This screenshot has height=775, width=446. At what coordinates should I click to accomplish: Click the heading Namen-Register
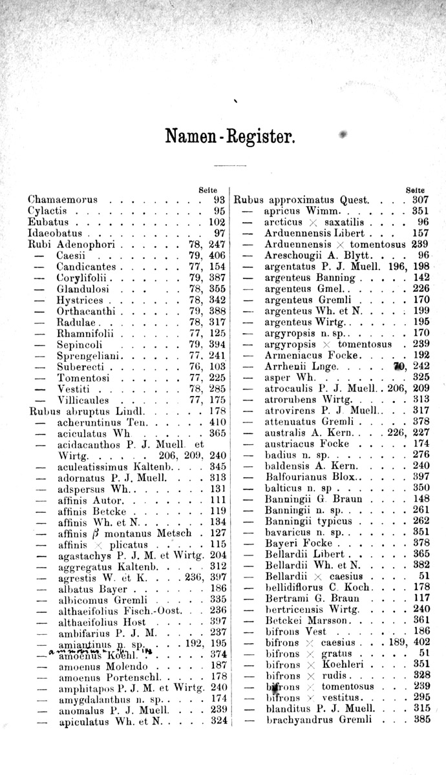(x=230, y=137)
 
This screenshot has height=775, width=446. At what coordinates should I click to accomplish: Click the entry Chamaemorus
(x=58, y=200)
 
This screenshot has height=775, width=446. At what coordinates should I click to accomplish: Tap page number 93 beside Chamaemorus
(x=218, y=200)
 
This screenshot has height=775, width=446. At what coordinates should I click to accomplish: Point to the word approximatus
(x=298, y=200)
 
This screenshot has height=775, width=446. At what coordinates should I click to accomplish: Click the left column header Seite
(x=207, y=189)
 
